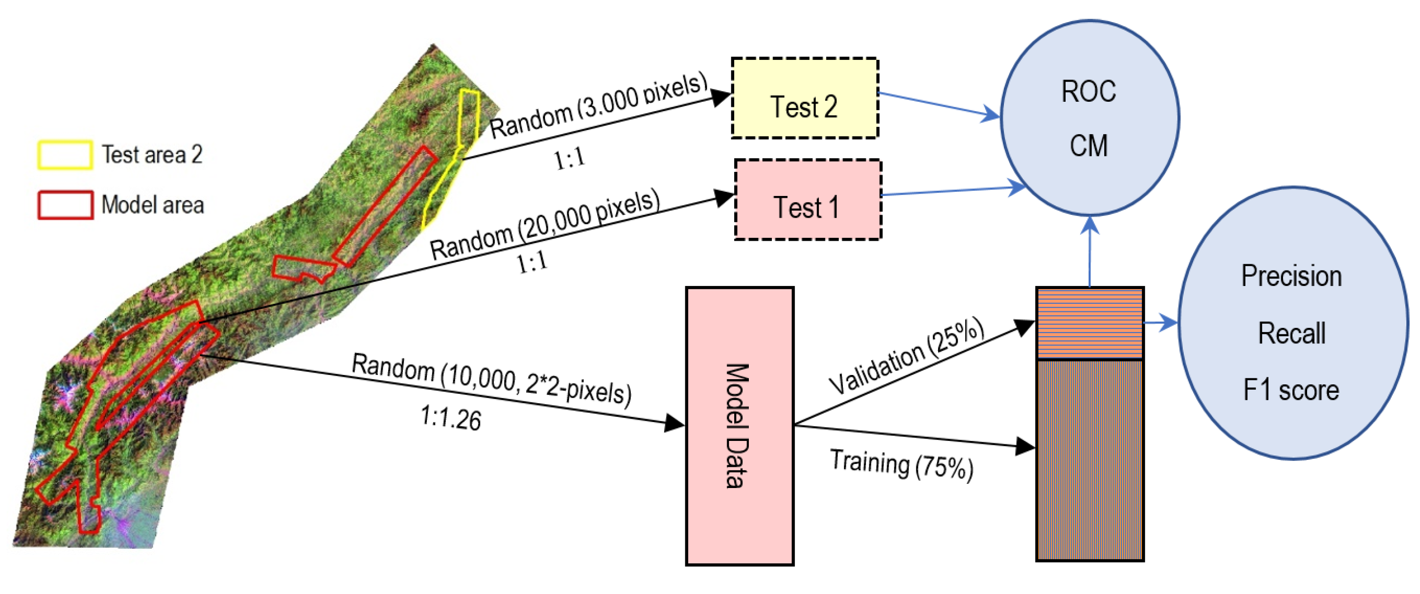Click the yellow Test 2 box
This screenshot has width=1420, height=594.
click(804, 98)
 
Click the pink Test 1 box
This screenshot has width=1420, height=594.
click(808, 200)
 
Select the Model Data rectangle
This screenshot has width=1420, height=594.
click(739, 426)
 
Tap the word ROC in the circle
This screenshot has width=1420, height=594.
click(1088, 91)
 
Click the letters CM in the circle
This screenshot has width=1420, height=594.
click(1088, 146)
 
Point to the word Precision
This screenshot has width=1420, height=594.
click(1291, 276)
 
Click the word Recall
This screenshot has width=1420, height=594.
click(1291, 334)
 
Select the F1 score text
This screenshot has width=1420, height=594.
click(1291, 391)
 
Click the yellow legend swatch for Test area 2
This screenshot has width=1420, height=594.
click(65, 155)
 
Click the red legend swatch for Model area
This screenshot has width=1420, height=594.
click(65, 205)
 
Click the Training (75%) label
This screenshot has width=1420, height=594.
click(901, 464)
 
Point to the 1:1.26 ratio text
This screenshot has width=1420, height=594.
click(450, 418)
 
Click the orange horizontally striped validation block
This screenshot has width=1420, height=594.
click(1089, 324)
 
